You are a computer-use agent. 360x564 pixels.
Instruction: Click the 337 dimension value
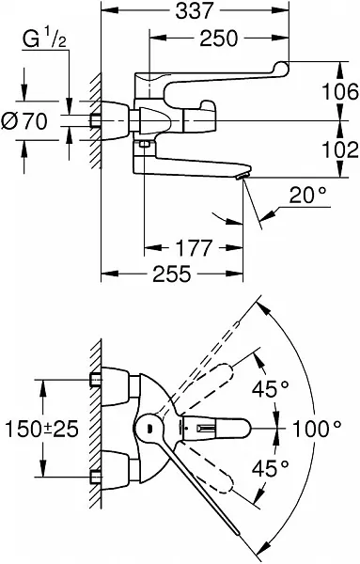195,10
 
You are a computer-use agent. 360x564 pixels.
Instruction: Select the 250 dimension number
219,39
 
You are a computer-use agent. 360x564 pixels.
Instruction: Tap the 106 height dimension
340,91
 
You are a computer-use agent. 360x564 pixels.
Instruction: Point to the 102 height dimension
340,149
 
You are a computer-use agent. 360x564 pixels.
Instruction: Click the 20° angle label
308,196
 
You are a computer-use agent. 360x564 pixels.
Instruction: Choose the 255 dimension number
172,274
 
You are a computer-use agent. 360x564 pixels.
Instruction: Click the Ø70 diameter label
24,121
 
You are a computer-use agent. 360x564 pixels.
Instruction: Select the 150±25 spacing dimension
41,429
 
